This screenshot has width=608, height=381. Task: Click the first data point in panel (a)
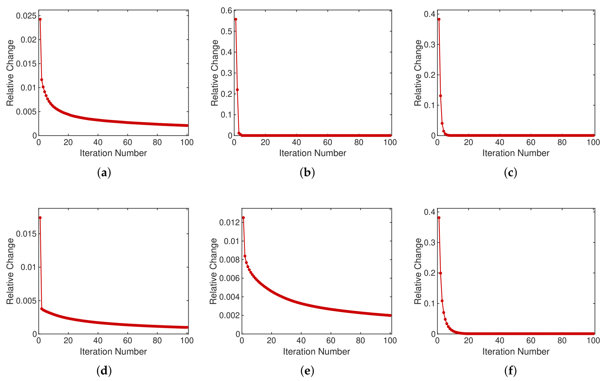coord(40,19)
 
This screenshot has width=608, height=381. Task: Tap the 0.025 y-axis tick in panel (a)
coord(26,16)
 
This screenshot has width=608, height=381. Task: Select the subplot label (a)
coord(104,173)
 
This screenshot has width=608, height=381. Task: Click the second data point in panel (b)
coord(237,90)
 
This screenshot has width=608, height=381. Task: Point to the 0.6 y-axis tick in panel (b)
coord(226,11)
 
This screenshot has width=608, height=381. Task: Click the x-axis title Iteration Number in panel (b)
coord(312,153)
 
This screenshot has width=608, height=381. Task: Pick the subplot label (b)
coord(307,173)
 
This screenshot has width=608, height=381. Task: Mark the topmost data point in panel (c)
coord(439,19)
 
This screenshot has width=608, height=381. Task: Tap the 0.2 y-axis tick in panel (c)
coord(430,75)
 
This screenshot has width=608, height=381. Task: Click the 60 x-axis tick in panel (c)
coord(531,143)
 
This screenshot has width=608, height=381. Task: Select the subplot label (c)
coord(510,173)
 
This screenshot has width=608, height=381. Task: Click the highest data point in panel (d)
coord(40,218)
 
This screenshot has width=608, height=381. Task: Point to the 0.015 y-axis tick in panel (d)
coord(26,234)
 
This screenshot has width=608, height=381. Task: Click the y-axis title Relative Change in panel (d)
coord(10,271)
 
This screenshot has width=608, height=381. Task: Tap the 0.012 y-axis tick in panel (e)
coord(229,222)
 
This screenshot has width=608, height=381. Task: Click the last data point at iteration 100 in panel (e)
coord(390,315)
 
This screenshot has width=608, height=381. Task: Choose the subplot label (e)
coord(307,371)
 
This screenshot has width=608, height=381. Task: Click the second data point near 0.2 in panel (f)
coord(440,273)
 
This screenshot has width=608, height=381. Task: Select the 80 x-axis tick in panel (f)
coord(562,341)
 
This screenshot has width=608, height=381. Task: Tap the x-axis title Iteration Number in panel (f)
coord(516,352)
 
